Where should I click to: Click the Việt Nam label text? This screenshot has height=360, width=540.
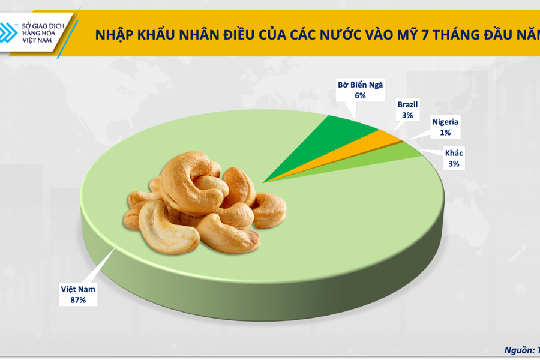tap(77, 289)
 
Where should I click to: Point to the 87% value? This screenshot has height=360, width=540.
tap(77, 299)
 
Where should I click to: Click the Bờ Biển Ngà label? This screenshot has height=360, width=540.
tap(359, 85)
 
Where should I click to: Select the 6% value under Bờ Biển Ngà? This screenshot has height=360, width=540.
tap(360, 95)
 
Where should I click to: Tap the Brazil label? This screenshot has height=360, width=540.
tap(408, 104)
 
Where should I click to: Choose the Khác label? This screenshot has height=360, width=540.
tap(454, 152)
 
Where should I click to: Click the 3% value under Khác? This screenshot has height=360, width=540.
tap(454, 163)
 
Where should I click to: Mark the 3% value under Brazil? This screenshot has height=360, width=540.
tap(408, 115)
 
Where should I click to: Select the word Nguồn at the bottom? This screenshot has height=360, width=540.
tap(518, 349)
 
